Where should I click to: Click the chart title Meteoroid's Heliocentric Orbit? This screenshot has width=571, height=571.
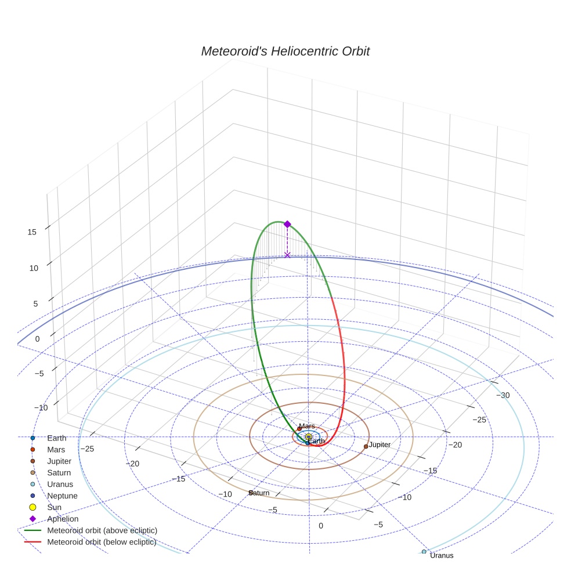[285, 52]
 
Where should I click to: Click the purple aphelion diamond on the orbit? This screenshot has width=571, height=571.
[287, 224]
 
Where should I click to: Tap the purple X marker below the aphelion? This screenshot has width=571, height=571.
[287, 255]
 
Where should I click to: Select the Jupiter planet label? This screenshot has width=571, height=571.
[380, 444]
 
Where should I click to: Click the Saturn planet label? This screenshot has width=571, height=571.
[259, 493]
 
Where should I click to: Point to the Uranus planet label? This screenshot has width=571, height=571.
[442, 555]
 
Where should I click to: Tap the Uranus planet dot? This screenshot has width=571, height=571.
[424, 551]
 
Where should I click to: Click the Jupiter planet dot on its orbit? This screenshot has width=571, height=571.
[366, 446]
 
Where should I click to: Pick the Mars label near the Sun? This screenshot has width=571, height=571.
[307, 427]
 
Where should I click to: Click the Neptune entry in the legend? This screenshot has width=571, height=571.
[63, 496]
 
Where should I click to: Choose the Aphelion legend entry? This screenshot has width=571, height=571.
[63, 519]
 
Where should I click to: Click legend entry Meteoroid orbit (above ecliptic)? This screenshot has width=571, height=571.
[102, 530]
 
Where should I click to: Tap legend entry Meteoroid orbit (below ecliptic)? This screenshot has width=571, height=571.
[102, 542]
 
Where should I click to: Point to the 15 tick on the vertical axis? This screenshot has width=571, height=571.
[32, 232]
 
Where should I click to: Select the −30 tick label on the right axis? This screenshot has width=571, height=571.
[503, 395]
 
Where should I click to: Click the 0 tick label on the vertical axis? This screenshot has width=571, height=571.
[38, 338]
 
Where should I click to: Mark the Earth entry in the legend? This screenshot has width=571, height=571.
[57, 438]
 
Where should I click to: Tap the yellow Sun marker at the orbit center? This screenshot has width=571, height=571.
[309, 436]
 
